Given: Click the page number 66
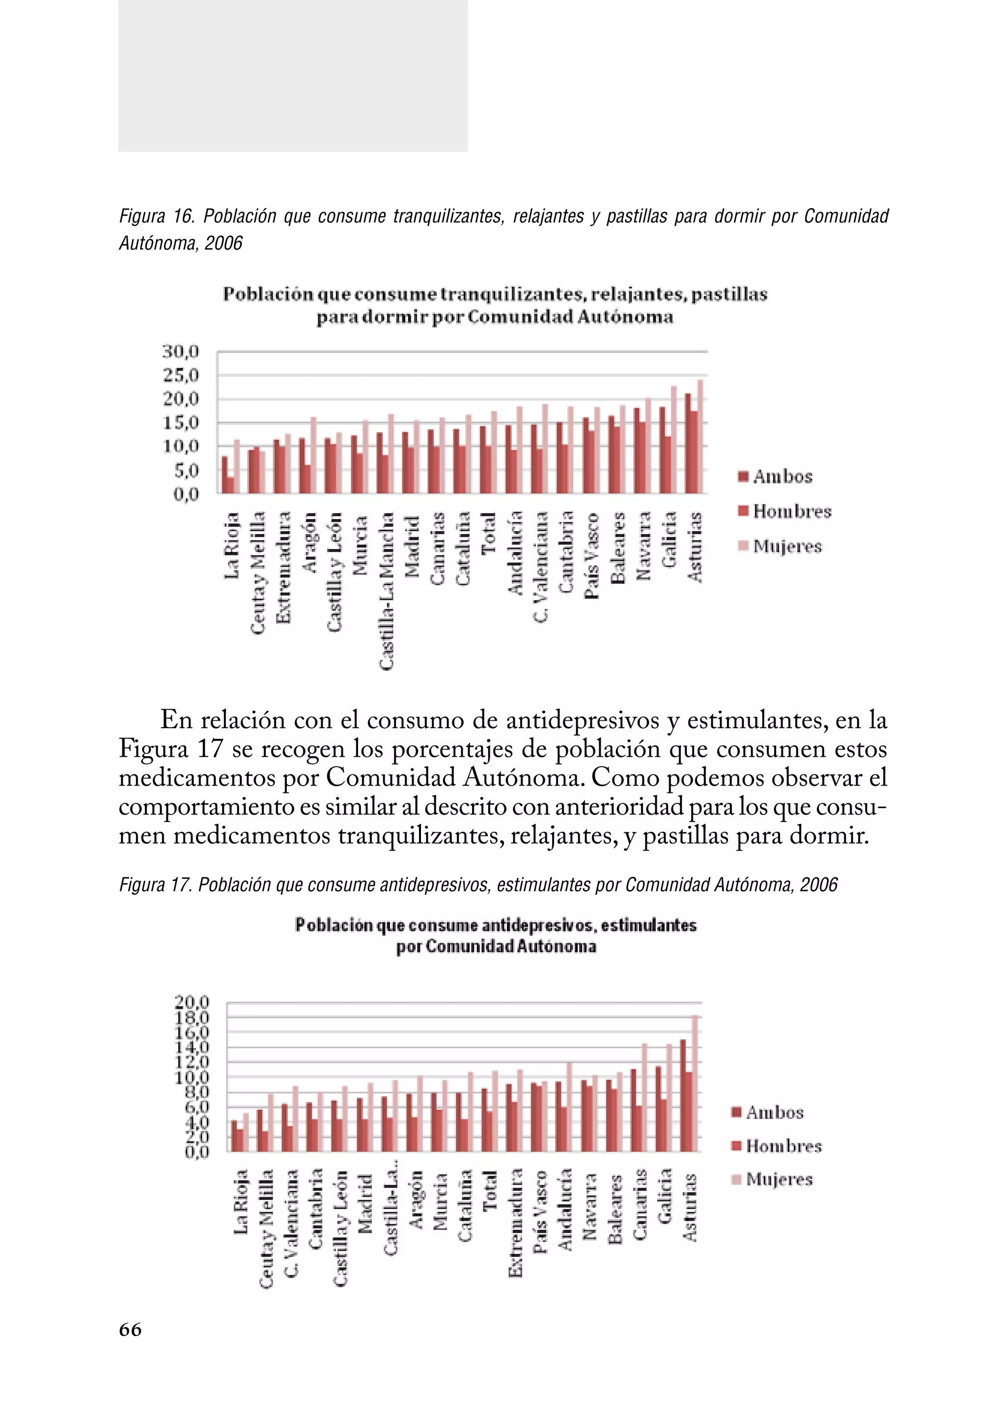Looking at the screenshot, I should (x=130, y=1330).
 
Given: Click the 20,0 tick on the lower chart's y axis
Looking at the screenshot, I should (x=192, y=1001).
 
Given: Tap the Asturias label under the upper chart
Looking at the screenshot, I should (x=696, y=547).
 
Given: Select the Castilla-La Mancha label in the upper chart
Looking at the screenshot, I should (x=387, y=591).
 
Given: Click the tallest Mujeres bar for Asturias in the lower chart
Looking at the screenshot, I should (x=695, y=1083).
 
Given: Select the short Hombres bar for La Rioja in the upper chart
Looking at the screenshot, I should (x=230, y=485).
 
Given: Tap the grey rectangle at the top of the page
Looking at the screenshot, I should (x=292, y=76).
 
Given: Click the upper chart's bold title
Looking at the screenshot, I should (x=495, y=305).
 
